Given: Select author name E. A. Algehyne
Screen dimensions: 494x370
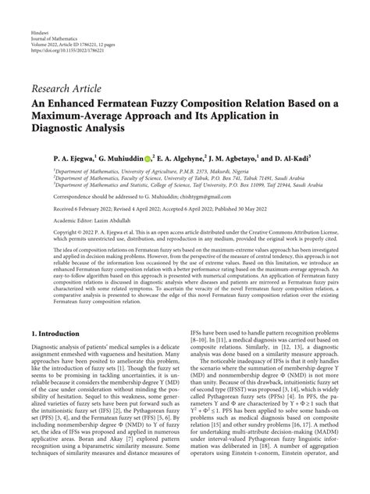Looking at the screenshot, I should (x=189, y=156).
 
